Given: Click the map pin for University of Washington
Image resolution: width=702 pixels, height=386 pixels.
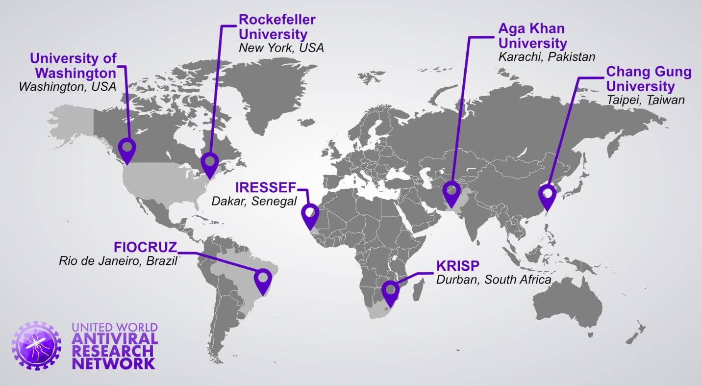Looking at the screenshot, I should [127, 148].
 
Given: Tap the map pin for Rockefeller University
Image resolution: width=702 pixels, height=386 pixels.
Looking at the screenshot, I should [210, 163].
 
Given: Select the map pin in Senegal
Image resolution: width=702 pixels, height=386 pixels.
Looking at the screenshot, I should [310, 215].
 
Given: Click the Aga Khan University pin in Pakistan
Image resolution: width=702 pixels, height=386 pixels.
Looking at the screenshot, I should [451, 192].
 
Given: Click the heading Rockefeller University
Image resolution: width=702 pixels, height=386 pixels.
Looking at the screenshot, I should [276, 27].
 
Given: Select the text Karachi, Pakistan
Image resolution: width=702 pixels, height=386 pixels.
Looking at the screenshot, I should [546, 56].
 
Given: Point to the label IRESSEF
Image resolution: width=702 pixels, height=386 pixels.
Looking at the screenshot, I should [266, 187].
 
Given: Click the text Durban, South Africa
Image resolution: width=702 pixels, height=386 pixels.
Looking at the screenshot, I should [493, 280].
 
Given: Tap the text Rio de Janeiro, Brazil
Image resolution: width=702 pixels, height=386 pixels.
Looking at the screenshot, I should [118, 260].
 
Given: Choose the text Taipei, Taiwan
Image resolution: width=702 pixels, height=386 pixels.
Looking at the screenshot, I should [645, 100].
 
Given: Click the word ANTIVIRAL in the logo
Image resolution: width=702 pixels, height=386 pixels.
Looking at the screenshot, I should [115, 339].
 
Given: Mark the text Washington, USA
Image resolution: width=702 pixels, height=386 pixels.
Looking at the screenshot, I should [67, 86].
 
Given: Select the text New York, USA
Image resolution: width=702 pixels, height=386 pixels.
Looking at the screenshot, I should [281, 48].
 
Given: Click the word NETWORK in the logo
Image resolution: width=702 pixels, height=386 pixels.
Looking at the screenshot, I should [113, 363].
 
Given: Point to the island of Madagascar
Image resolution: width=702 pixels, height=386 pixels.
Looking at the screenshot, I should [418, 289].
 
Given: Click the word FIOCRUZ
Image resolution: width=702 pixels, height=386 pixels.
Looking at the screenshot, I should [145, 247].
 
